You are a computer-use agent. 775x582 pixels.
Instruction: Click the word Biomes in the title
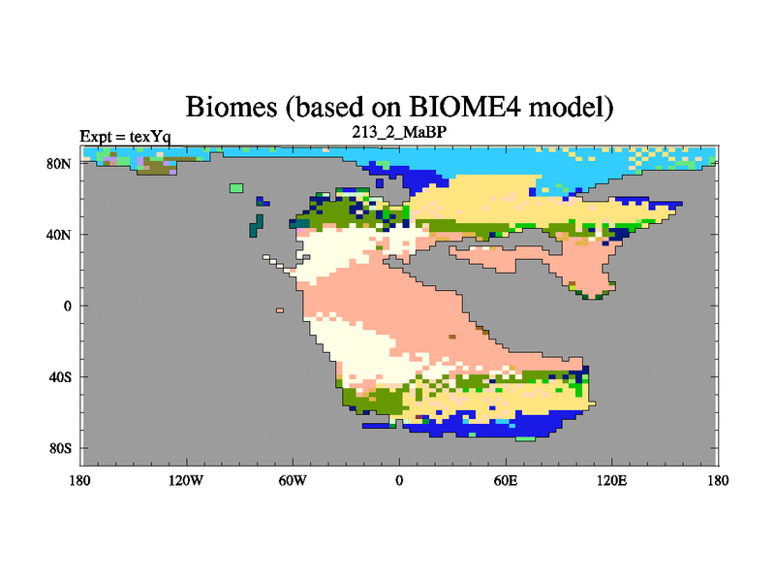pos(232,107)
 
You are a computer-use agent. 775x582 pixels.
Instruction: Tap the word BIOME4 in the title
pos(465,106)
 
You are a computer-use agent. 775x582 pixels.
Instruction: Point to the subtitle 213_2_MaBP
pos(399,132)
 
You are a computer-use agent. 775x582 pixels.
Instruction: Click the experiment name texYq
pos(150,137)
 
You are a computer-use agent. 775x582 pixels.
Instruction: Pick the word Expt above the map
pos(96,137)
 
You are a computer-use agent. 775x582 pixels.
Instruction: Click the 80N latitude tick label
pos(59,164)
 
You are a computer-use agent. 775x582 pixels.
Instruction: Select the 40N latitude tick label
pos(59,235)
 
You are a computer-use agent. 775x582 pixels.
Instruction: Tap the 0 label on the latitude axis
pos(68,306)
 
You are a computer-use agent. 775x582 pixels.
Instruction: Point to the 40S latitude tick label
pos(60,377)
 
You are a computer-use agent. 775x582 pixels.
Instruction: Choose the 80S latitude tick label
pos(60,448)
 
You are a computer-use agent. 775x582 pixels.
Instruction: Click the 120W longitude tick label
pos(186,480)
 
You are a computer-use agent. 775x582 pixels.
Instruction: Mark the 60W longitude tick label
pos(293,480)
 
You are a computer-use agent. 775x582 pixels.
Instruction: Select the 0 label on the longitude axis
pos(399,480)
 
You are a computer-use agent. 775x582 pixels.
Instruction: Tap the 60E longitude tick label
pos(506,480)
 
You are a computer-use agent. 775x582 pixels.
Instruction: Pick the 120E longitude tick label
pos(612,480)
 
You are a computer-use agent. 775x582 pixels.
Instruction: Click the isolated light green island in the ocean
pos(236,188)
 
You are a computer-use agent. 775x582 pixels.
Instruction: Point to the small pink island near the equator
pos(280,310)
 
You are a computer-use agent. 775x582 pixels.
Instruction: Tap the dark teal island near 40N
pos(257,226)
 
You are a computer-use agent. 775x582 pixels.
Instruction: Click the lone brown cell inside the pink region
pos(452,337)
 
